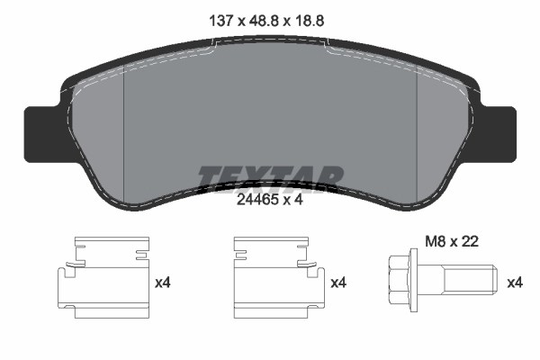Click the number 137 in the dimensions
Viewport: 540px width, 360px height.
(221, 20)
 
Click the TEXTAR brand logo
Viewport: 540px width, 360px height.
(270, 176)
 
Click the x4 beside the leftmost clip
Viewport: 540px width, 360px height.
(163, 283)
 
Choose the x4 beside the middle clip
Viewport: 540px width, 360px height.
(339, 283)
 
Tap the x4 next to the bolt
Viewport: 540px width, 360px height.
(514, 283)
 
